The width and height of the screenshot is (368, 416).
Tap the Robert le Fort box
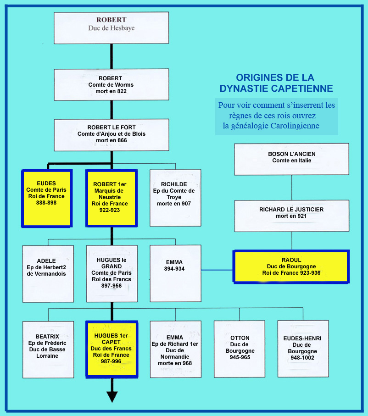click(x=112, y=134)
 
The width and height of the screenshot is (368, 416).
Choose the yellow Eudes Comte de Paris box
click(x=47, y=198)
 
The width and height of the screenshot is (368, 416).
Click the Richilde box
click(x=175, y=198)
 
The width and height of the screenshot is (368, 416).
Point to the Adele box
click(x=48, y=274)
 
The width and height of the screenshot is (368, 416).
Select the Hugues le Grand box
click(x=112, y=274)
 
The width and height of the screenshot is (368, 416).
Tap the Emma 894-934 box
click(x=175, y=273)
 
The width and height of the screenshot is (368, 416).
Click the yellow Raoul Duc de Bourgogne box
click(x=291, y=266)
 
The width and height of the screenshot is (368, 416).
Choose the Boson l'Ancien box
click(x=291, y=159)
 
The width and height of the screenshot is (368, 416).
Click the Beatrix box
click(x=48, y=349)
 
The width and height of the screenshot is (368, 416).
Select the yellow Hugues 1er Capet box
click(x=112, y=349)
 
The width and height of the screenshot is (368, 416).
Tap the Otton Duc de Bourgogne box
click(x=240, y=349)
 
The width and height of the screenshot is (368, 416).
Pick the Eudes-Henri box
click(x=303, y=349)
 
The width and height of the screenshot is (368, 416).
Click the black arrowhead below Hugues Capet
click(x=112, y=396)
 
